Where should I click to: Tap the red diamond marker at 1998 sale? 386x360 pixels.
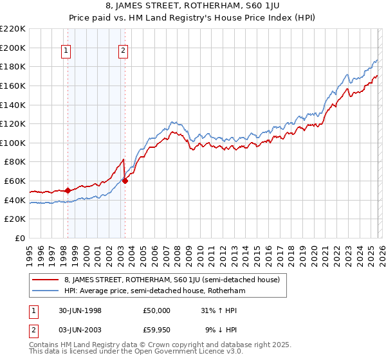(68, 190)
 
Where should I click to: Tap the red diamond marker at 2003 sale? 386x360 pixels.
(125, 181)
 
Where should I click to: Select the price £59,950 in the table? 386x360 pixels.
(157, 330)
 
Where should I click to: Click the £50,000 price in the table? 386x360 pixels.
(157, 310)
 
